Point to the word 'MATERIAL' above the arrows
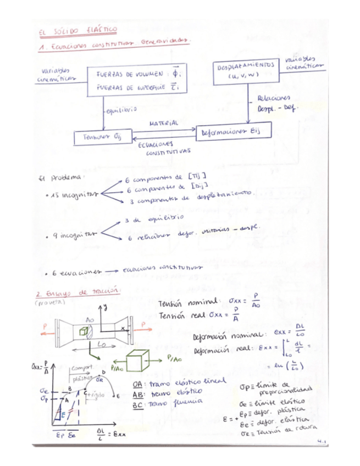pyautogui.click(x=164, y=124)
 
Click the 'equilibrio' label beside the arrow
pyautogui.click(x=121, y=110)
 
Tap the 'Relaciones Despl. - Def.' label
pyautogui.click(x=276, y=103)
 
